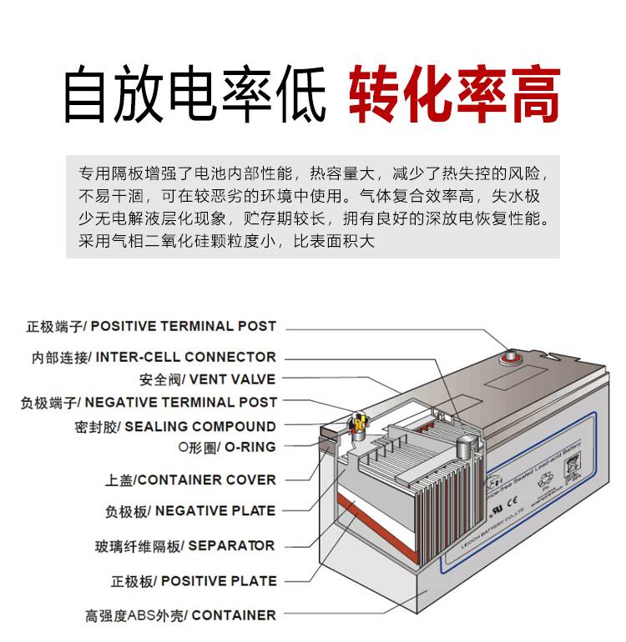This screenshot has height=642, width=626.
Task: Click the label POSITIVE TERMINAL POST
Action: (x=150, y=326)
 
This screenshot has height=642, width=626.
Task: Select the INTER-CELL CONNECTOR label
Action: (x=154, y=357)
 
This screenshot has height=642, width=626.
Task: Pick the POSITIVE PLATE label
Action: (x=193, y=580)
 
